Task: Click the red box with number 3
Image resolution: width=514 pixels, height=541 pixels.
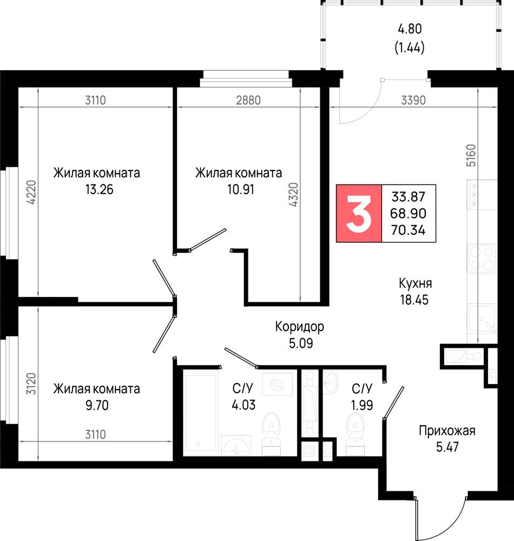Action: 359,214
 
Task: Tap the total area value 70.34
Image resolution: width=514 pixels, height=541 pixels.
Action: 408,230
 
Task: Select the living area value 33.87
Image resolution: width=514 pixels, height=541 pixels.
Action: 408,197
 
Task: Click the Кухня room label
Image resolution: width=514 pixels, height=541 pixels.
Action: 416,283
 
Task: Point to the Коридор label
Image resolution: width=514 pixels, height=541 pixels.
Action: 299,326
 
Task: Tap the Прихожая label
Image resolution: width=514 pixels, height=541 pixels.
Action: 447,431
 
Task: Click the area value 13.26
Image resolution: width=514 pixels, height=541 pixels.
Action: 100,189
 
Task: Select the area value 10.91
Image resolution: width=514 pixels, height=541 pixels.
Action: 241,189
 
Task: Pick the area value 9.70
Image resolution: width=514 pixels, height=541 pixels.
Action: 97,405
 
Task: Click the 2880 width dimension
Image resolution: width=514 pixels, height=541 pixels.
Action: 248,101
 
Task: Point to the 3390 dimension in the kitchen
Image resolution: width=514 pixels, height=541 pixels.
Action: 413,101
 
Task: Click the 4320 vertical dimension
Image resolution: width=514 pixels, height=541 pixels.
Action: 293,195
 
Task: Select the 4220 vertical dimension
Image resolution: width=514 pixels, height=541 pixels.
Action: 31,192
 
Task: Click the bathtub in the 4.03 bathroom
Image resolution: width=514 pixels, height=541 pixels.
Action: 201,413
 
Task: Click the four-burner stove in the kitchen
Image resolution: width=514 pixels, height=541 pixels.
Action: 482,259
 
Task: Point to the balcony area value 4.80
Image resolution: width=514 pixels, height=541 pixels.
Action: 410,29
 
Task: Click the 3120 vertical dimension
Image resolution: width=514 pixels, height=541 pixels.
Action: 31,384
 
